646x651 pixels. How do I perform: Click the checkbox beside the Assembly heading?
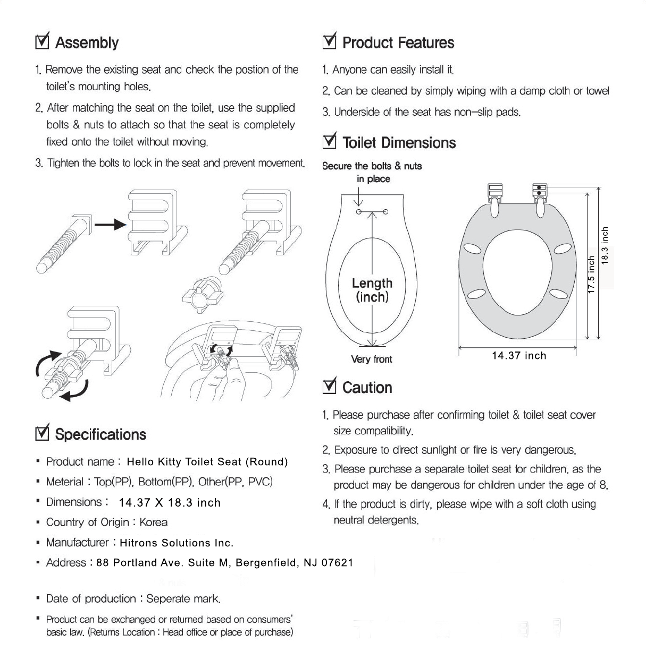[41, 42]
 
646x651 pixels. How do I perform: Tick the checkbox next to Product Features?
[329, 42]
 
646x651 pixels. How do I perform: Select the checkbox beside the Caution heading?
[329, 387]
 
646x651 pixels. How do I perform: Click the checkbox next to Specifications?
[41, 434]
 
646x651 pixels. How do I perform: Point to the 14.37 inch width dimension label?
[519, 356]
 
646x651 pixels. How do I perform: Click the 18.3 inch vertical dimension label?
[605, 245]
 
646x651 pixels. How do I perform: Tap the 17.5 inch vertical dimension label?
[591, 275]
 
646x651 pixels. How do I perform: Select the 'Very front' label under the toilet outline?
[372, 359]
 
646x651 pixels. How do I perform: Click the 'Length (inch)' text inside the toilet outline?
[372, 290]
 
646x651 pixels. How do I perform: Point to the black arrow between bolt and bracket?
[110, 225]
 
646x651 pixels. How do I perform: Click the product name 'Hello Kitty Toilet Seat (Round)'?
[207, 462]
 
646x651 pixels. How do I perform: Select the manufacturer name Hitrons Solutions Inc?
[177, 543]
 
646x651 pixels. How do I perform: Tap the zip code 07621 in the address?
[337, 563]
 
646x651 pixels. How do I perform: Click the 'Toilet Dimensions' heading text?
[399, 143]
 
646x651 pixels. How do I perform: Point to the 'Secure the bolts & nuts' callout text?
[372, 166]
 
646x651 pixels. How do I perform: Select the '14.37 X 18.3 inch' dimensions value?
[170, 502]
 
